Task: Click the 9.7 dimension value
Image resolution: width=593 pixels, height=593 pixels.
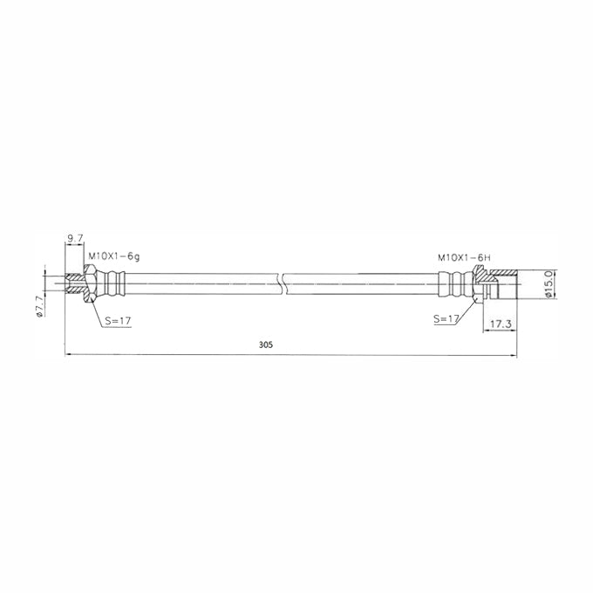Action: pyautogui.click(x=75, y=238)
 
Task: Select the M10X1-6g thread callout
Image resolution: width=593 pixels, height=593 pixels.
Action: pyautogui.click(x=114, y=256)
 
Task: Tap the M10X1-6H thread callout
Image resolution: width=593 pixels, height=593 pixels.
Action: pyautogui.click(x=464, y=258)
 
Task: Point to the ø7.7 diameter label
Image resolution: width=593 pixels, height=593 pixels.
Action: pyautogui.click(x=39, y=307)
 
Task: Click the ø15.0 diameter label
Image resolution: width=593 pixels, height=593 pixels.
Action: pyautogui.click(x=549, y=283)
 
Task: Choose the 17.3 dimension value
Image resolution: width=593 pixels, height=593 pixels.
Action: pyautogui.click(x=501, y=324)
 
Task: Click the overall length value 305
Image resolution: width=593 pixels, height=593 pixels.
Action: pyautogui.click(x=265, y=344)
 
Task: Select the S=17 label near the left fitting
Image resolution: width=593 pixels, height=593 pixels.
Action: pyautogui.click(x=118, y=321)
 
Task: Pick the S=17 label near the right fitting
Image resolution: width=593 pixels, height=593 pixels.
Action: pyautogui.click(x=446, y=319)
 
